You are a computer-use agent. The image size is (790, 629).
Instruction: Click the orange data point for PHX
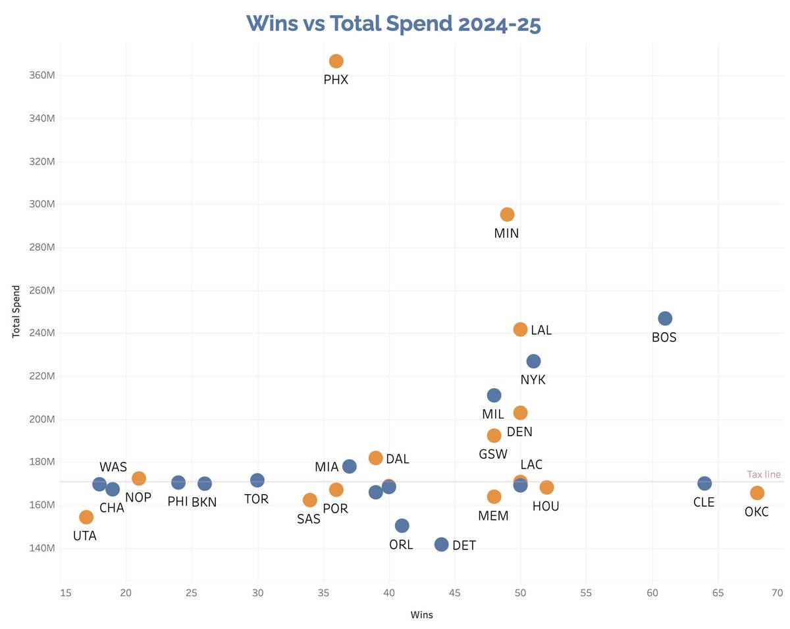336,61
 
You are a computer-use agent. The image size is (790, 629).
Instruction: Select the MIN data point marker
507,214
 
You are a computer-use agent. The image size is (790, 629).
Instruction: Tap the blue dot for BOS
665,318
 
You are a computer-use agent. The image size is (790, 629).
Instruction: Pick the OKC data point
757,493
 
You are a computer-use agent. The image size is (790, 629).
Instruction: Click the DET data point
441,544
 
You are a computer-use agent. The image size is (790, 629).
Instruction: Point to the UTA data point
86,517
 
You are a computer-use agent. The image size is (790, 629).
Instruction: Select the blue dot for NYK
533,361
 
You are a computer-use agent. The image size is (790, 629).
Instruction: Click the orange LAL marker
520,330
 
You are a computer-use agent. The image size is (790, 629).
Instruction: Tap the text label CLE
704,503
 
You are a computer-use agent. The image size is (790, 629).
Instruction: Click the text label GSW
492,454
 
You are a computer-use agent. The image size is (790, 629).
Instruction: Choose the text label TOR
256,499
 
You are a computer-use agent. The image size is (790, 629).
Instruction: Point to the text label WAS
113,467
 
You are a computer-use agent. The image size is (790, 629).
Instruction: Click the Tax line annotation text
764,474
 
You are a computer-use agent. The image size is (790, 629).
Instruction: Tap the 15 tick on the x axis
61,593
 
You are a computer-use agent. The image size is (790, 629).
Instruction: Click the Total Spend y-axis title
16,311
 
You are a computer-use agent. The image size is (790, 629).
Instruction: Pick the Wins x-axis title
421,615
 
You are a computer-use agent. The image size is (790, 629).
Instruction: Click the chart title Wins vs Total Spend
394,23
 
